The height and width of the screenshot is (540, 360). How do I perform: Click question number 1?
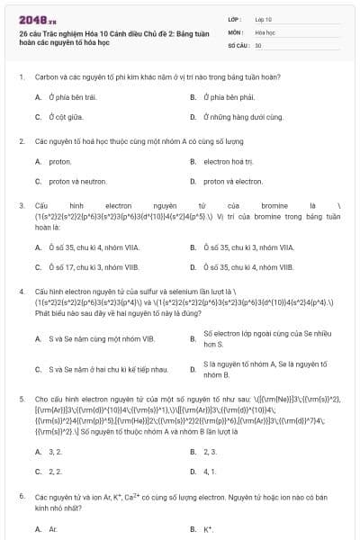[x=21, y=77]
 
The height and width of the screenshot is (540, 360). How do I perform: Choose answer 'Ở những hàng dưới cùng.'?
[x=240, y=116]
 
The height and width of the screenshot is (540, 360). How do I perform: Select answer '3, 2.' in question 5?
[x=55, y=451]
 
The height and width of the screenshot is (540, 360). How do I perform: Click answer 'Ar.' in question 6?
[x=53, y=528]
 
